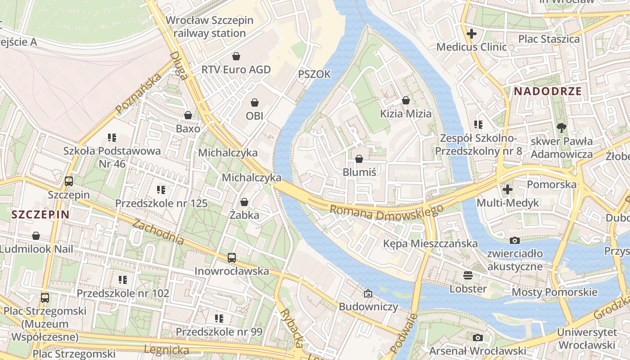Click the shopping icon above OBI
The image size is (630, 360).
[255, 103]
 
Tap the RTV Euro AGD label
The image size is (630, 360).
[236, 70]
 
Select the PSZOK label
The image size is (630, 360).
[315, 74]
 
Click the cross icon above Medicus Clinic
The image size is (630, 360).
[471, 34]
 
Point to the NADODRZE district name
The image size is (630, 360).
[548, 91]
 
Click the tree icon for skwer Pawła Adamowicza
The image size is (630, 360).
[561, 128]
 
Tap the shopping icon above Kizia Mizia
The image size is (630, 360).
[406, 100]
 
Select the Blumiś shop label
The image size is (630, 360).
[359, 172]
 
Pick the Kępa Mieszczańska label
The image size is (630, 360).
[430, 243]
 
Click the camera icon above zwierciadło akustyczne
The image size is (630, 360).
[515, 240]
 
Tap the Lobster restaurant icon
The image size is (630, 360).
[468, 275]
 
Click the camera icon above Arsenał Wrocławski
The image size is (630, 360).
[477, 337]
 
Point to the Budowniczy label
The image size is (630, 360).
[368, 307]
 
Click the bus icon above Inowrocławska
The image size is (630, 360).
[232, 258]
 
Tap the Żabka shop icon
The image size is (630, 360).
[244, 202]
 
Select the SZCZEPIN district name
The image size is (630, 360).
[40, 214]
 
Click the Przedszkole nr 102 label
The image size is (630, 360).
[123, 293]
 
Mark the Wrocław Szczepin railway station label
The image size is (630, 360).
[210, 27]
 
